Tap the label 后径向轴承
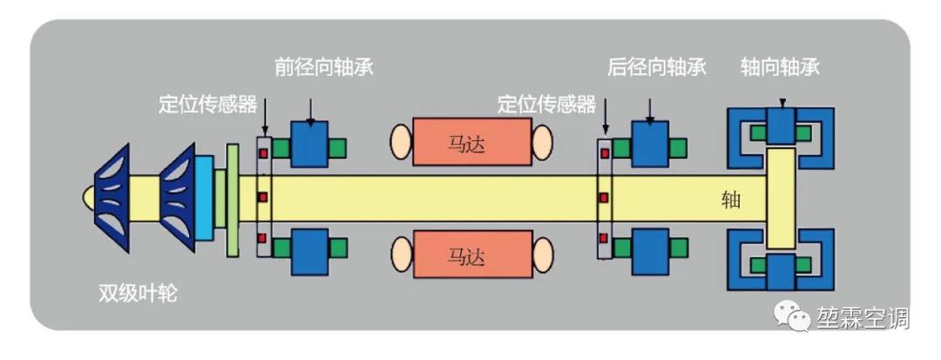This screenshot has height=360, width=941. (656, 67)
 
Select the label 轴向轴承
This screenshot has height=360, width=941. (781, 67)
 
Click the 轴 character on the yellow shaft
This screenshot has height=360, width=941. (731, 200)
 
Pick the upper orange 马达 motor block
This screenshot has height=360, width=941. (471, 142)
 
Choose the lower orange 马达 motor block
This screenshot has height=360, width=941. (471, 255)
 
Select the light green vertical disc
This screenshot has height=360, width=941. (232, 200)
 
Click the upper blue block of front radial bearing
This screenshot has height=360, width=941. (308, 142)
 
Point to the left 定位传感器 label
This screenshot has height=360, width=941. (208, 105)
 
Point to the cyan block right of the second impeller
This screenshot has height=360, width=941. (203, 198)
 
